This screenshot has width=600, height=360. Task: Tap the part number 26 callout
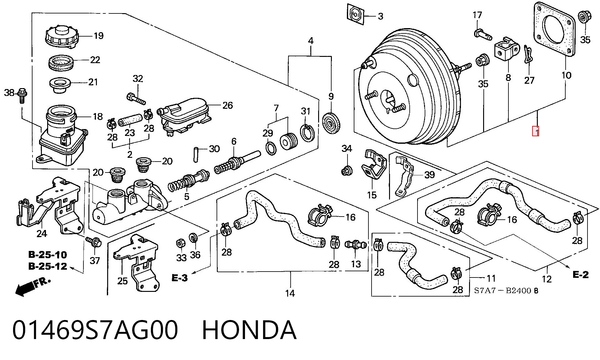pos(227,105)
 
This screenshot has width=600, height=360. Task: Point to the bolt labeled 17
pos(482,34)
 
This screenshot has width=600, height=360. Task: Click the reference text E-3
pos(180,278)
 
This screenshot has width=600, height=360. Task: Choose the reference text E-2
pos(580,275)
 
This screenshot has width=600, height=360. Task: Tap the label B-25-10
pos(47,255)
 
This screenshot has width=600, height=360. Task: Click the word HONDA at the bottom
pos(249,330)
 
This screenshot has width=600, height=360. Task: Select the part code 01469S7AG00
pos(95,330)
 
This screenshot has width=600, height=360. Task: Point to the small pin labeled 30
pos(196,154)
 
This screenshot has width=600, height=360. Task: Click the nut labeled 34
pos(347,170)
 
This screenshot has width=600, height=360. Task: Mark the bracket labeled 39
pos(405,176)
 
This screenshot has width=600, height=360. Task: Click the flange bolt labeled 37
pos(93,242)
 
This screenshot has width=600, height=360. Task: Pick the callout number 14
pos(290,293)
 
